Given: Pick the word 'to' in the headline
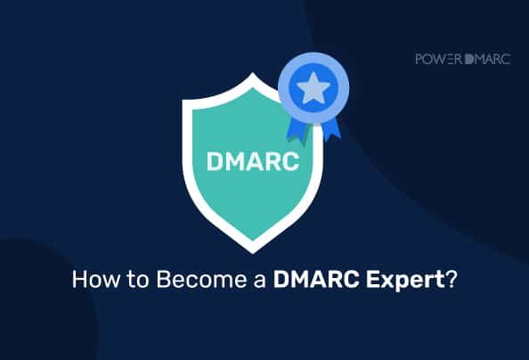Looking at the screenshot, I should click(126, 280).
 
